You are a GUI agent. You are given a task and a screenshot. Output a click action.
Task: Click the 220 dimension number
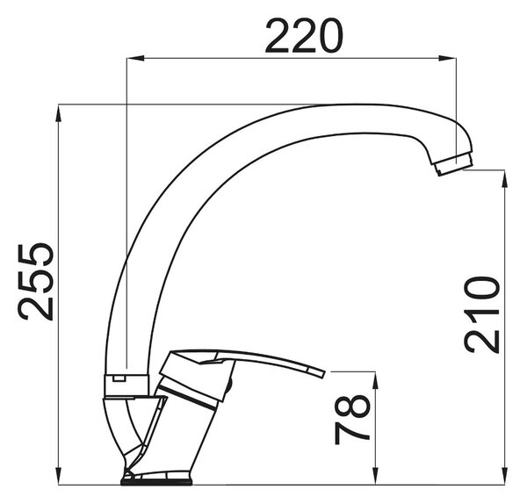click(304, 36)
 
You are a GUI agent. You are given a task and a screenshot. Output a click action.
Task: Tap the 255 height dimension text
click(36, 281)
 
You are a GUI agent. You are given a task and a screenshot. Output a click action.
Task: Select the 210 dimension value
click(482, 315)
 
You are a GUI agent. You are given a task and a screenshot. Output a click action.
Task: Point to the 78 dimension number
click(352, 419)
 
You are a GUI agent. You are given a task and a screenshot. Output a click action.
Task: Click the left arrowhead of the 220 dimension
click(135, 58)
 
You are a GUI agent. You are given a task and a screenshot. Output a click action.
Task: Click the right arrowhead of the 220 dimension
click(447, 58)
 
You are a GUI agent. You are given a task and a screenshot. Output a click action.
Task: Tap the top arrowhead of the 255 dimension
click(59, 113)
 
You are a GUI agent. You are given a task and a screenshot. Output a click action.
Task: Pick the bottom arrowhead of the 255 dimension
click(59, 476)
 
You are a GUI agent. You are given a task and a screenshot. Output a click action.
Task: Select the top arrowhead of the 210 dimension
click(504, 179)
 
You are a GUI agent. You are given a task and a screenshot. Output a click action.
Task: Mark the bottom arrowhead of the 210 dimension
click(504, 476)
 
